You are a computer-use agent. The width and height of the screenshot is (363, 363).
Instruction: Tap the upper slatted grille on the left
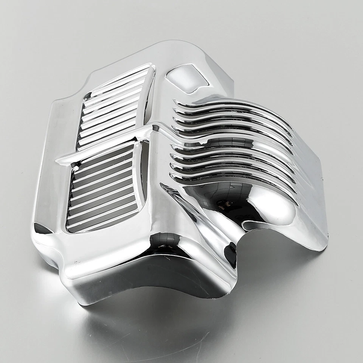113,106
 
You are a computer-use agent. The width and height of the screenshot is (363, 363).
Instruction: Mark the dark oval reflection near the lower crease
230,251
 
